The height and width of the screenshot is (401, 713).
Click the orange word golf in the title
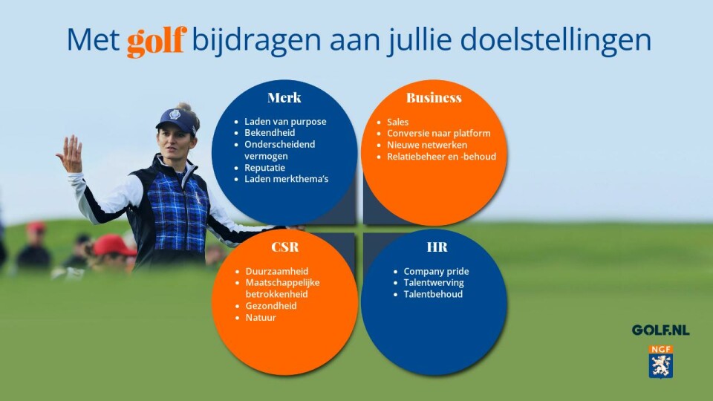(157, 41)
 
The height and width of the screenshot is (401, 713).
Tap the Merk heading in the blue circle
(284, 98)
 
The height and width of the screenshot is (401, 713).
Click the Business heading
(434, 98)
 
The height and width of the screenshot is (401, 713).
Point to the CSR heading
(285, 247)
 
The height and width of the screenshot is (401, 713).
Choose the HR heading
(437, 247)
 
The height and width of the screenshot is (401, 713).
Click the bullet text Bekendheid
(270, 133)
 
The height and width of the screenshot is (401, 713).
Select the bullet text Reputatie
(264, 168)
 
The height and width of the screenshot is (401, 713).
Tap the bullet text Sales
(398, 122)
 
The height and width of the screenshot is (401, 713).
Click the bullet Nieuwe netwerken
(427, 145)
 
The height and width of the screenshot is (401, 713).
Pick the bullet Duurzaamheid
(277, 272)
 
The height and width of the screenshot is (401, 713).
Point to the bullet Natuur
(261, 318)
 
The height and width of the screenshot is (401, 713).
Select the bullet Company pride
(436, 272)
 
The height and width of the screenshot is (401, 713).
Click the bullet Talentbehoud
(433, 294)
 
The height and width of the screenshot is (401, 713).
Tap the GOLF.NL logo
(661, 330)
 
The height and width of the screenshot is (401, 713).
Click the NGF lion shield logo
(661, 362)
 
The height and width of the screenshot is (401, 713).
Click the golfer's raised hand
(70, 154)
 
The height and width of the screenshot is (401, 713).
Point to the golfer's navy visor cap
(177, 119)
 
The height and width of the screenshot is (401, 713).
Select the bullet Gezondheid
(271, 306)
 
